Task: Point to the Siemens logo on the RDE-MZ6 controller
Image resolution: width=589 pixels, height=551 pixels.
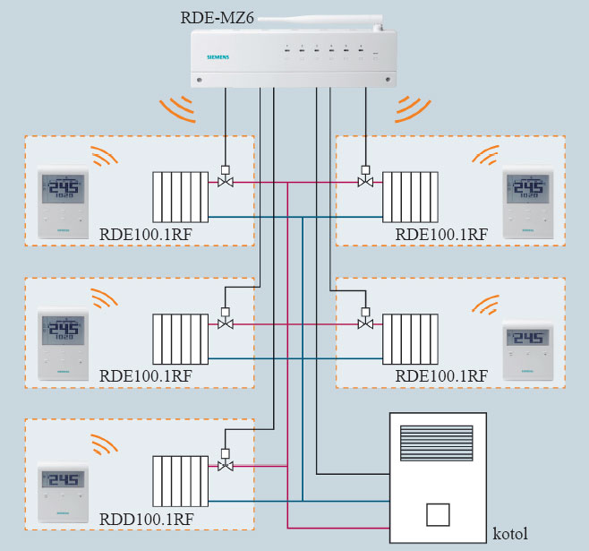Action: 218,57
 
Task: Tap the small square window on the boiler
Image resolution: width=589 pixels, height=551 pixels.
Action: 438,515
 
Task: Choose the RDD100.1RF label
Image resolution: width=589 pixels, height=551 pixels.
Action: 147,518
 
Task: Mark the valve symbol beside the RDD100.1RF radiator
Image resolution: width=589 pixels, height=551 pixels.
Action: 226,465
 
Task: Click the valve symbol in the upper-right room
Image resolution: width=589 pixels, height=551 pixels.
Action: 364,182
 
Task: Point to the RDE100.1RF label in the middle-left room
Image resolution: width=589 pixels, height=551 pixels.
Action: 147,375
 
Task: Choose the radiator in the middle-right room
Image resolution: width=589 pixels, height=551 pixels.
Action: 412,339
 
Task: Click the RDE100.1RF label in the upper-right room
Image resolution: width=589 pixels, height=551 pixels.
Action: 441,235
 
